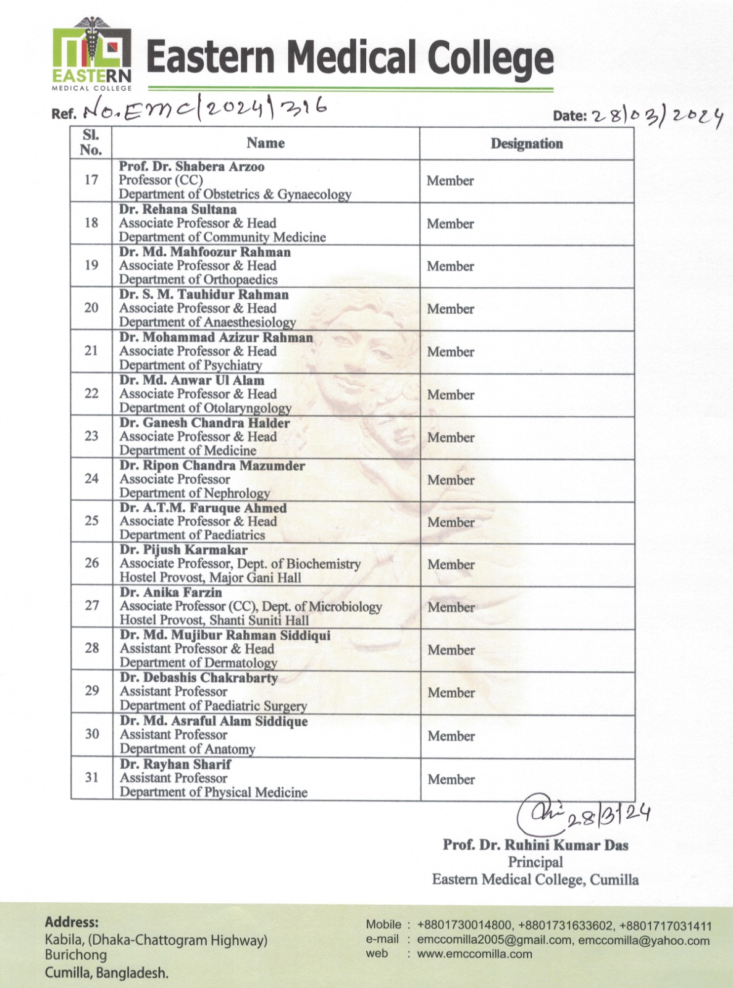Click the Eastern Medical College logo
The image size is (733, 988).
[91, 54]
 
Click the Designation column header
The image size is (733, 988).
[527, 144]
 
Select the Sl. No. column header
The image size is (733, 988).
[91, 143]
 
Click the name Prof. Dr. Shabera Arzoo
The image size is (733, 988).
[191, 167]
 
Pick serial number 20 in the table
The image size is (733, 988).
[91, 308]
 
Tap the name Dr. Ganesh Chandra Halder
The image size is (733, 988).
[204, 423]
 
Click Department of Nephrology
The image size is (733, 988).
[195, 493]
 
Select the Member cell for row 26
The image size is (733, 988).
[451, 564]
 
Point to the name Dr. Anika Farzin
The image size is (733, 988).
[171, 592]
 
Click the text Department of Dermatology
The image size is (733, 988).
[198, 663]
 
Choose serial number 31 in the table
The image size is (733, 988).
[92, 777]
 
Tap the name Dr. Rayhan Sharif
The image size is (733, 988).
[175, 764]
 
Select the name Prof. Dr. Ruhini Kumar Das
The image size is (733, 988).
[535, 845]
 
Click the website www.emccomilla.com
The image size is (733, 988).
[474, 953]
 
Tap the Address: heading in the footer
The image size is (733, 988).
[72, 923]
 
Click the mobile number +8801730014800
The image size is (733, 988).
[464, 926]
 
